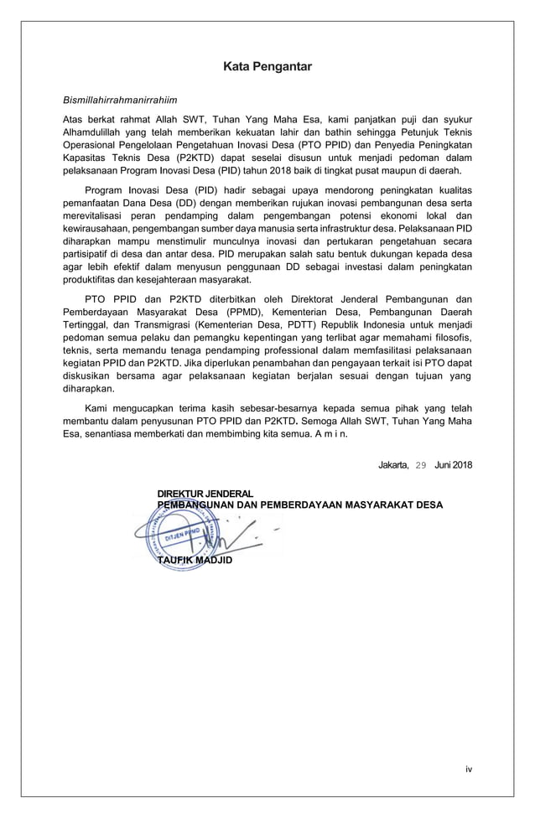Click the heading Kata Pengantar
[x=267, y=66]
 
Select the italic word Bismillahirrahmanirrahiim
[x=121, y=101]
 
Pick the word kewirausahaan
[x=102, y=228]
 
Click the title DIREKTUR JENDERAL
[x=205, y=494]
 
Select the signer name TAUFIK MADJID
[x=197, y=560]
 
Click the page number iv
[x=469, y=769]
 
